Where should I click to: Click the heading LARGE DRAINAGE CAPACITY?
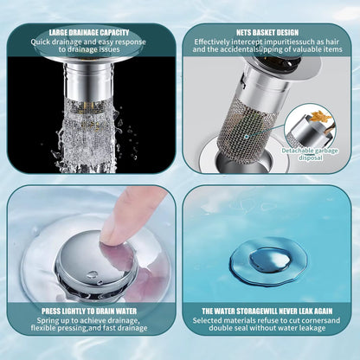pyautogui.click(x=90, y=32)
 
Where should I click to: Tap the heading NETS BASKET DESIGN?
pyautogui.click(x=267, y=32)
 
